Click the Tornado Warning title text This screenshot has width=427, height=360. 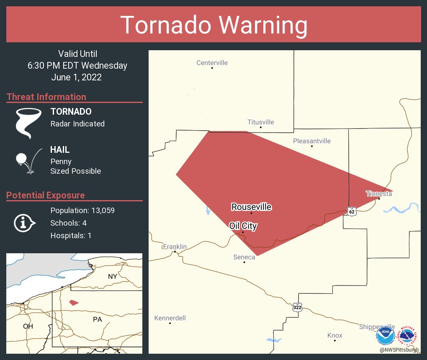[x=213, y=25]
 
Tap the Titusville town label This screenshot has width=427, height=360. [x=260, y=122]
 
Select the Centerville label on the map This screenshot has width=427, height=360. [x=212, y=63]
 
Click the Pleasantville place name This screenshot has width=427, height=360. [x=311, y=141]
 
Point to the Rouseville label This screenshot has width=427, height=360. [x=251, y=207]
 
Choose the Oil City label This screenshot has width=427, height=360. [x=243, y=226]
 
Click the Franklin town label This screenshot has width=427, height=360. [x=175, y=247]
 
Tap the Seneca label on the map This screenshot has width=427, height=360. [x=244, y=257]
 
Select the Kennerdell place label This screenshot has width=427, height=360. [x=170, y=318]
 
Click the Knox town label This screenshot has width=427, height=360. [x=334, y=335]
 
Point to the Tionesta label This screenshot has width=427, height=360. [x=379, y=193]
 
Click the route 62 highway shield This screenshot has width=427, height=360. [x=352, y=211]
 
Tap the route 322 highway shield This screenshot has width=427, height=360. [x=297, y=307]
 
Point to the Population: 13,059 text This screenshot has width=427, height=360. [x=82, y=210]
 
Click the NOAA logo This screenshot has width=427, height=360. [x=385, y=335]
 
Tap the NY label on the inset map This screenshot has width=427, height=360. [x=112, y=276]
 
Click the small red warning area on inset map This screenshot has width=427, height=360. [x=74, y=302]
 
